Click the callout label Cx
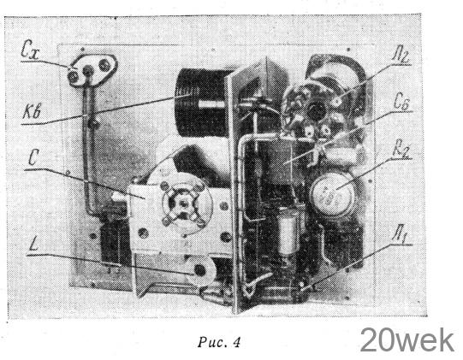31,50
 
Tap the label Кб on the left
32,112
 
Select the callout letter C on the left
33,158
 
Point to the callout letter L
34,244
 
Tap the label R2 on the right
401,150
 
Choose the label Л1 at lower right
402,235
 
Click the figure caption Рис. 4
219,342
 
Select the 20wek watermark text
407,340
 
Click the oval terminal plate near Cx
92,69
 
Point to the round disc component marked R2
332,194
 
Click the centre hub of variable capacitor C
183,203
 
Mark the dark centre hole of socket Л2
316,111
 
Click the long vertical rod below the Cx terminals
89,148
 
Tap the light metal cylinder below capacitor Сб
288,231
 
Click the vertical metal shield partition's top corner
266,57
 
